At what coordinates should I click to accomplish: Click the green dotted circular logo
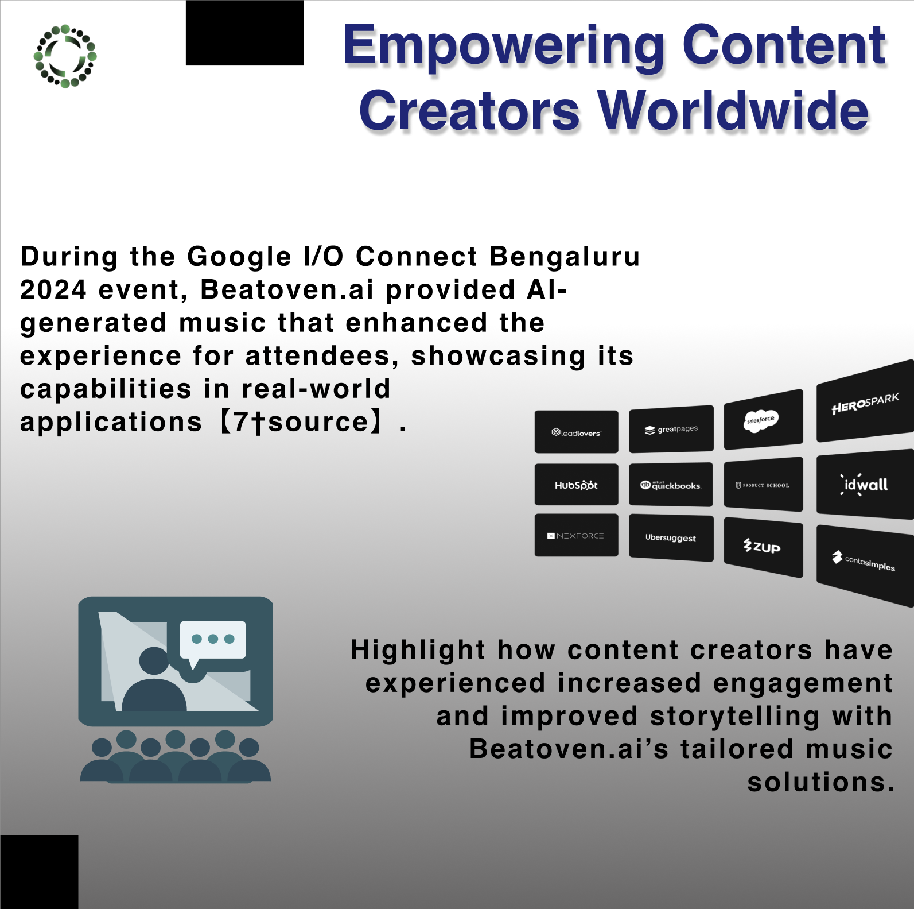pyautogui.click(x=65, y=56)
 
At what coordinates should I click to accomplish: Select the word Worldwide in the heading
pyautogui.click(x=734, y=111)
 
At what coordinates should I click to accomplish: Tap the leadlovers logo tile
pyautogui.click(x=577, y=432)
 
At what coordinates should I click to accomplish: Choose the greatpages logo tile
pyautogui.click(x=671, y=429)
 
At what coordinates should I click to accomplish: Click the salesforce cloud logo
pyautogui.click(x=761, y=420)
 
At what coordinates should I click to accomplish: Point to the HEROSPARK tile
pyautogui.click(x=865, y=401)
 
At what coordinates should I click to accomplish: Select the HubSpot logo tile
pyautogui.click(x=577, y=485)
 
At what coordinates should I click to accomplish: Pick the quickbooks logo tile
pyautogui.click(x=671, y=485)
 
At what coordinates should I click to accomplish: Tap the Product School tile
pyautogui.click(x=764, y=484)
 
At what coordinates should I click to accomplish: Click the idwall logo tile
pyautogui.click(x=865, y=485)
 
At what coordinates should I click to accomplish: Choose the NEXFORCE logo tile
pyautogui.click(x=577, y=535)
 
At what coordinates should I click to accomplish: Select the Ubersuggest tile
pyautogui.click(x=671, y=538)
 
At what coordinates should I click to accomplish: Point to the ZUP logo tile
pyautogui.click(x=764, y=547)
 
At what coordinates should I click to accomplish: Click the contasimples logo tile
pyautogui.click(x=865, y=566)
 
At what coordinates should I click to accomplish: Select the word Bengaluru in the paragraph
pyautogui.click(x=565, y=257)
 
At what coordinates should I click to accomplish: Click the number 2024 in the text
pyautogui.click(x=53, y=290)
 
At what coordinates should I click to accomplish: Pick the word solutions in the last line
pyautogui.click(x=820, y=782)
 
